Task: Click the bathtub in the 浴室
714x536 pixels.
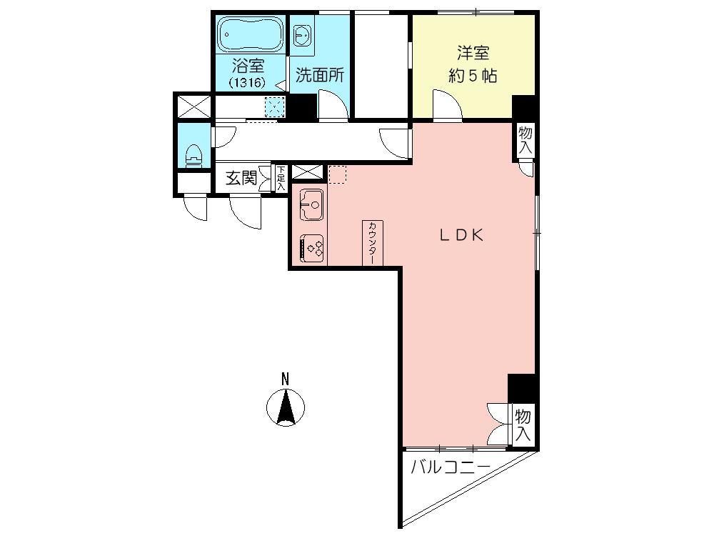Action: [x=248, y=34]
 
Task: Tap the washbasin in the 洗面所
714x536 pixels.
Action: [x=301, y=35]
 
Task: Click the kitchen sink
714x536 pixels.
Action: [x=311, y=206]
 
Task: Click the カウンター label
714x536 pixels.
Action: [x=373, y=243]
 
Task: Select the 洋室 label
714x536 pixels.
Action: [x=472, y=54]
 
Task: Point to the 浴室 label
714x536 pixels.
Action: [x=248, y=66]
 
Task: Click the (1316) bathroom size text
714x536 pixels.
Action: [x=248, y=82]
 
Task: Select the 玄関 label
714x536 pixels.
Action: [x=241, y=179]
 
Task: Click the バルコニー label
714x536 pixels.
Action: [x=450, y=468]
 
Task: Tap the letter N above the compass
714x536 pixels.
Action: [x=285, y=379]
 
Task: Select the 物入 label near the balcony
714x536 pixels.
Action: [x=523, y=425]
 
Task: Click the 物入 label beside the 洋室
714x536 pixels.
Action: [x=525, y=139]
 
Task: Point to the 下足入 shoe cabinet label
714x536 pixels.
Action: [x=281, y=178]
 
